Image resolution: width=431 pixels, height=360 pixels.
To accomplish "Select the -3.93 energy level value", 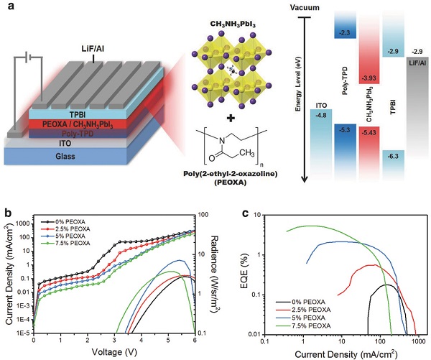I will pos(369,78).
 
